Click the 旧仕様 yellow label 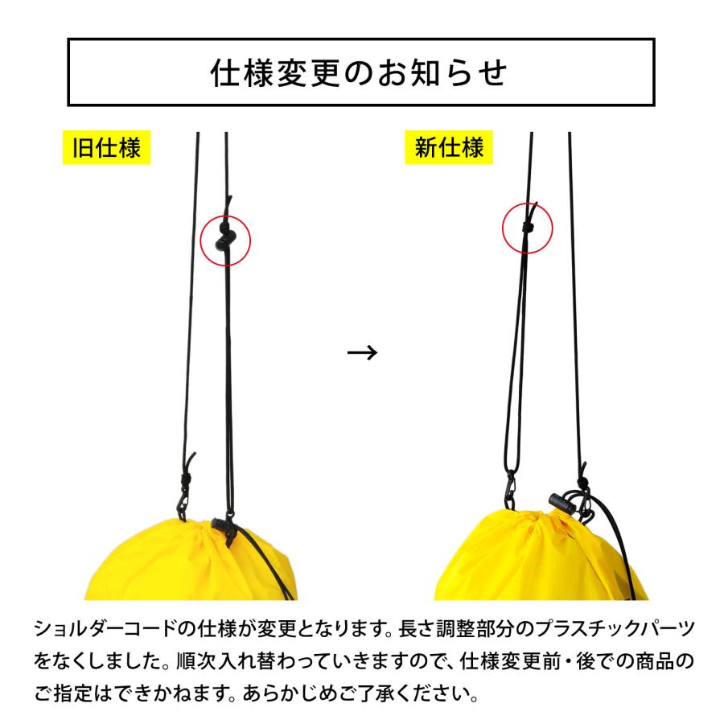point(106,148)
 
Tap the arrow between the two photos point(361,352)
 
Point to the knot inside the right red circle point(527,228)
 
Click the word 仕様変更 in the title point(282,73)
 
